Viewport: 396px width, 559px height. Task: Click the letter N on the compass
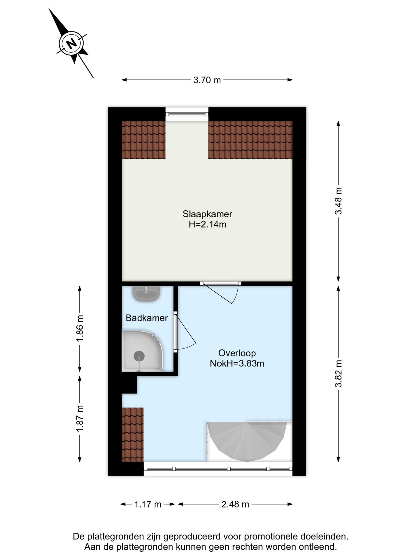(71, 44)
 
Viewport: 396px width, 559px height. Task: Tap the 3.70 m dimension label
(207, 80)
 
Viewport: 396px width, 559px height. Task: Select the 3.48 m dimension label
(338, 201)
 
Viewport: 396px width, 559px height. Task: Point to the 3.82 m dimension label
(338, 374)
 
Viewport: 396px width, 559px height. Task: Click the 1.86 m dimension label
(80, 328)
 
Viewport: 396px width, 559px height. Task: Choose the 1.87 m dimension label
(80, 419)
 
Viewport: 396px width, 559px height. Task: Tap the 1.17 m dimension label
(148, 504)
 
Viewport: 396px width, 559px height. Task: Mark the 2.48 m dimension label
(235, 504)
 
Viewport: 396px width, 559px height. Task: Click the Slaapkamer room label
(207, 214)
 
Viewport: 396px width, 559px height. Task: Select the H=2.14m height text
(207, 224)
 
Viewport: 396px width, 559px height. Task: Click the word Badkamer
(147, 318)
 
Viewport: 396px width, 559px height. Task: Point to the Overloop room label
(237, 353)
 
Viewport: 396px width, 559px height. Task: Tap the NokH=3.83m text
(237, 363)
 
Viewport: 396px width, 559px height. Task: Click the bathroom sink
(146, 293)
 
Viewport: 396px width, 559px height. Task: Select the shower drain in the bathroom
(139, 356)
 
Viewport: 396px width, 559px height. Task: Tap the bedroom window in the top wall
(187, 114)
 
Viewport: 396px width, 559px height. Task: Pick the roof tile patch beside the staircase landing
(133, 434)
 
